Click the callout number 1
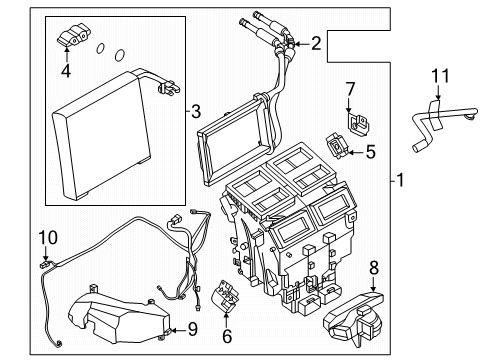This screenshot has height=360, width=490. coord(400,180)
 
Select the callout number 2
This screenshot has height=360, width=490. coord(316,43)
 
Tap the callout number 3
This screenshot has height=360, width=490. coord(196,111)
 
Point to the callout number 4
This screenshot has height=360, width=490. coord(66,71)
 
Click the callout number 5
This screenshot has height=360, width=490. coord(370,152)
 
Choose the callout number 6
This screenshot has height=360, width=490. coord(227,336)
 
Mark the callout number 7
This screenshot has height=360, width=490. coord(350,89)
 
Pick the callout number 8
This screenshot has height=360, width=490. coord(374,268)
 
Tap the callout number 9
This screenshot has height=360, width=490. coord(193,329)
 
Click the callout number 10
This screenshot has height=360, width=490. coord(48,238)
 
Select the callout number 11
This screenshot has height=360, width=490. coord(440,76)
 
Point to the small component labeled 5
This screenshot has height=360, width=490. coord(337,145)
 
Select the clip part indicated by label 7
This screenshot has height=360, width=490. coord(358,123)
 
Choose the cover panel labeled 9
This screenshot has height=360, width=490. coord(118,315)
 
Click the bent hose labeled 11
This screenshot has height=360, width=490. coord(442,127)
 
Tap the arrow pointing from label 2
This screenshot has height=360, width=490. coord(301,44)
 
